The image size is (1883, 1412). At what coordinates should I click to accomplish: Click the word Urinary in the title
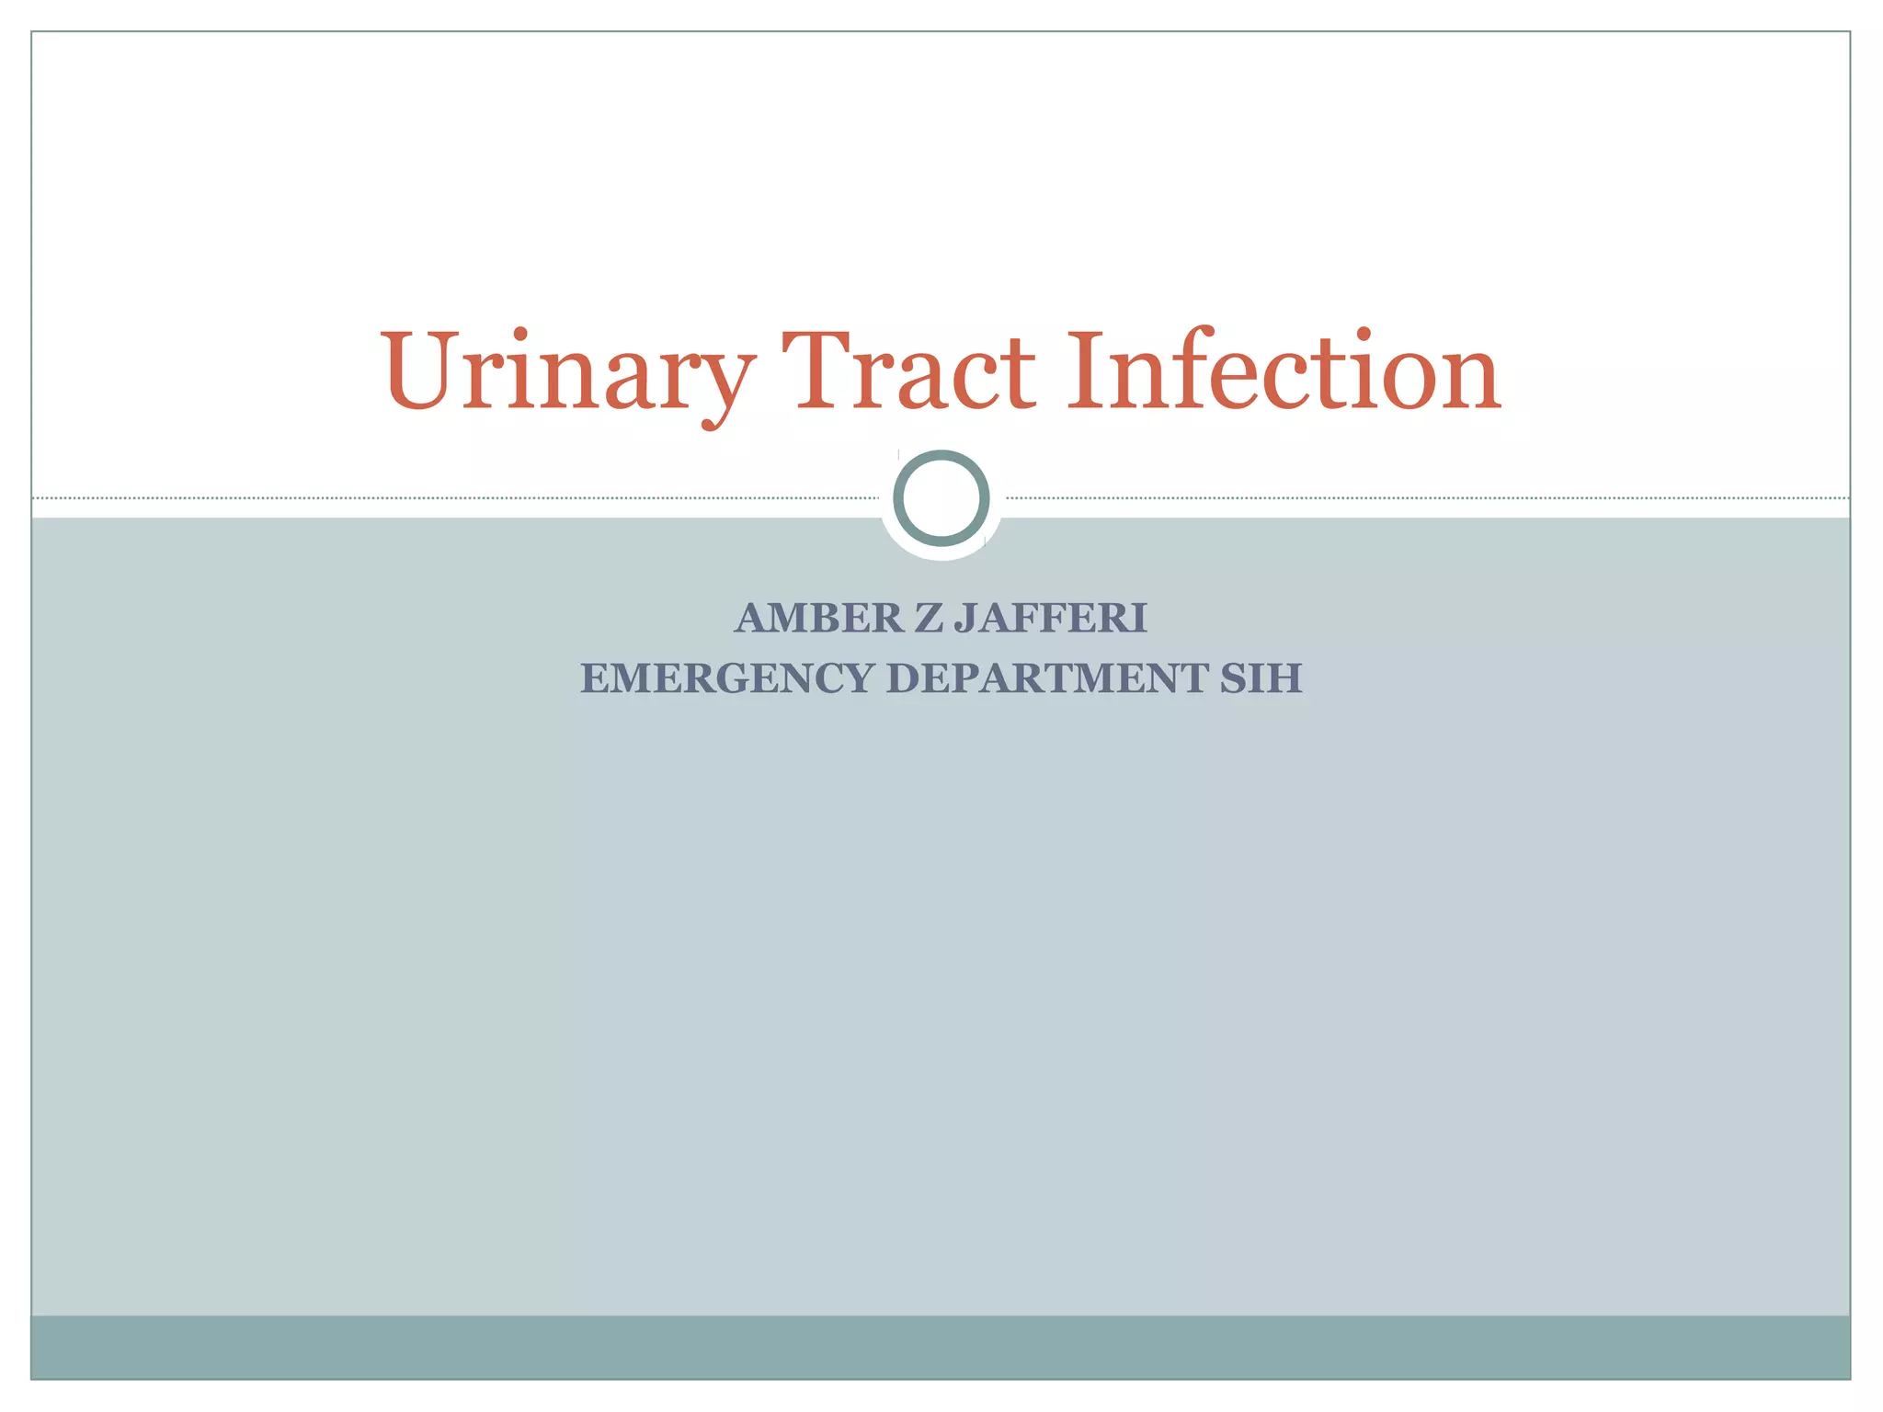(567, 372)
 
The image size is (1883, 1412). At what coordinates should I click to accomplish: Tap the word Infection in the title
(1284, 372)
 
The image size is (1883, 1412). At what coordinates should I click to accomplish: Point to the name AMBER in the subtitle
(819, 619)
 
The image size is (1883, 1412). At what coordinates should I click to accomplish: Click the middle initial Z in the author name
(929, 619)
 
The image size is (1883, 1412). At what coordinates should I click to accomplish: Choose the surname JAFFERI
(1051, 619)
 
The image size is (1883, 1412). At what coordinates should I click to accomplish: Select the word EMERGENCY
(727, 679)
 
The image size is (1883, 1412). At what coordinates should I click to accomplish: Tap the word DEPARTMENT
(1046, 679)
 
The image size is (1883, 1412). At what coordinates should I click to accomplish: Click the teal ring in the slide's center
(941, 498)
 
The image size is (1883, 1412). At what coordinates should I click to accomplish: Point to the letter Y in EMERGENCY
(859, 679)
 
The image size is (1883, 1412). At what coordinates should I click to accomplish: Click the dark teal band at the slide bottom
(941, 1347)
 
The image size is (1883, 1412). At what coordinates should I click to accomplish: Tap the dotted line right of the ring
(1425, 498)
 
